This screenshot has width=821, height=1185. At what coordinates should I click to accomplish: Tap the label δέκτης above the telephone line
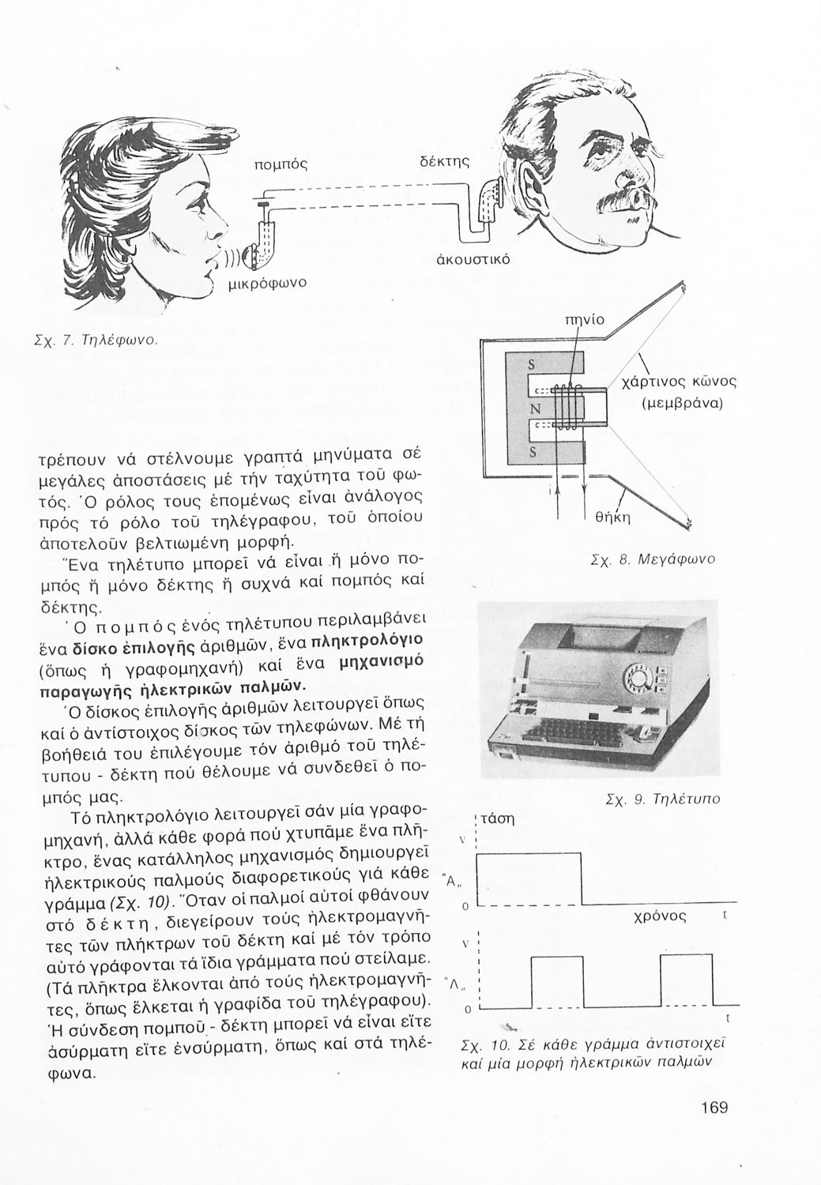click(x=444, y=162)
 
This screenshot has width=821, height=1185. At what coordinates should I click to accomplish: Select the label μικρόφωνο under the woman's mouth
click(x=268, y=282)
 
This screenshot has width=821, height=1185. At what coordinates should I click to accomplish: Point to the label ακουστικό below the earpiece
click(x=473, y=259)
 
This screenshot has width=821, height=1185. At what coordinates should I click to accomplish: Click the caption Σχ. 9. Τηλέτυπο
click(x=661, y=799)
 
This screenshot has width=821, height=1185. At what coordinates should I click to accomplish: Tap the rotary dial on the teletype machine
click(x=634, y=677)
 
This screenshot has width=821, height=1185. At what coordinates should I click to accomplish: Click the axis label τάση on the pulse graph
click(x=497, y=819)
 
